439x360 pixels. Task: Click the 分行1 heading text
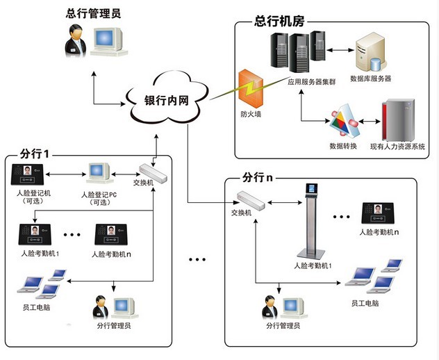click(33, 152)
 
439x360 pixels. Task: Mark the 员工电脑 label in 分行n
click(365, 304)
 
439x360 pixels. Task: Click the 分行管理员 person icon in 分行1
click(99, 306)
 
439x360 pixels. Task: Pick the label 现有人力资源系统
click(397, 146)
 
